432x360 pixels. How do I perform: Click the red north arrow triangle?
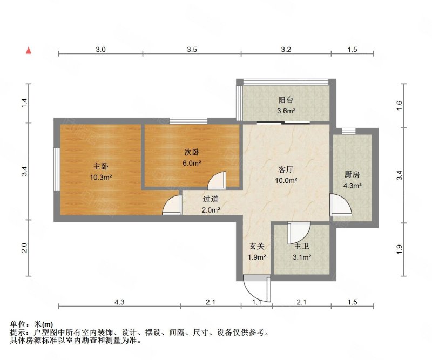[x=29, y=50]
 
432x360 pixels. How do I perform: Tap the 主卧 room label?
[x=100, y=166]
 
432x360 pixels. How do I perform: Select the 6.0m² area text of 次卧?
[x=192, y=163]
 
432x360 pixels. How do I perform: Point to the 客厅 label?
[x=286, y=169]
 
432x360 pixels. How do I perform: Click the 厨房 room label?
[x=352, y=174]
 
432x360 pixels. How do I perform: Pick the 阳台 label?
[x=286, y=100]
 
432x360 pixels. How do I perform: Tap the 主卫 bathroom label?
[x=302, y=246]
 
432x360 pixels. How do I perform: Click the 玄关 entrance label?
[x=257, y=246]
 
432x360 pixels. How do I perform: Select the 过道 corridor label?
[x=211, y=199]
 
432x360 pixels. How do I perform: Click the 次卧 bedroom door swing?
[x=217, y=180]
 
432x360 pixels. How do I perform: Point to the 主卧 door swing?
[x=172, y=205]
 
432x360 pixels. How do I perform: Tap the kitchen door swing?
[x=341, y=205]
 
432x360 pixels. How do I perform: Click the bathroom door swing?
[x=299, y=233]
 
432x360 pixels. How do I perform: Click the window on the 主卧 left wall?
[x=57, y=169]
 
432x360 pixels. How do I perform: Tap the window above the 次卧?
[x=188, y=121]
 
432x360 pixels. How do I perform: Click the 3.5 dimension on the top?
[x=192, y=50]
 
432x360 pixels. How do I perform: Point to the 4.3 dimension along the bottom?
[x=119, y=302]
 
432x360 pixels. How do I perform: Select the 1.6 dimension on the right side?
[x=399, y=105]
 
